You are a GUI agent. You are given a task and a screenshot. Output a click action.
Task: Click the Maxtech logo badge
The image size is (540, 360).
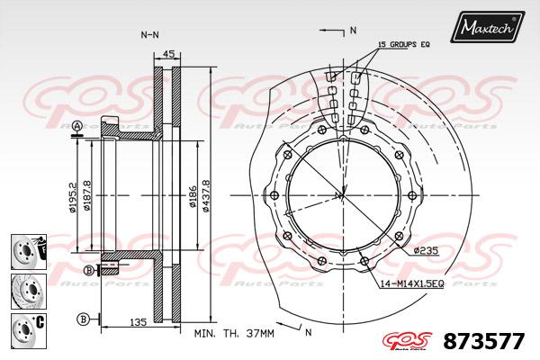487,27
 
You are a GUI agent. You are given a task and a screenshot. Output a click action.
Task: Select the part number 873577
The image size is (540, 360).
484,341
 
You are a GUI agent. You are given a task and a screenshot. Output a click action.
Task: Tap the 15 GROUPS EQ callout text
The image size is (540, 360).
403,44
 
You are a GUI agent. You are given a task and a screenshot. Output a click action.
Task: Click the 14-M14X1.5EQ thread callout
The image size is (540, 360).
412,283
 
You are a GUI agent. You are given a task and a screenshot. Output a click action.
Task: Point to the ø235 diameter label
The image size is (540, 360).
426,250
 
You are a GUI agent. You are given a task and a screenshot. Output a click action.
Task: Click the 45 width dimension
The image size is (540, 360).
167,54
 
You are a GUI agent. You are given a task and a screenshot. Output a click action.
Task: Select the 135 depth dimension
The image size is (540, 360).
138,322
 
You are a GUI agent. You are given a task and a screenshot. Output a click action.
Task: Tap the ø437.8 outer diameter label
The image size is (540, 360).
205,195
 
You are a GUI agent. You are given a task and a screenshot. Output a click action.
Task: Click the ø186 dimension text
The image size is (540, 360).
193,197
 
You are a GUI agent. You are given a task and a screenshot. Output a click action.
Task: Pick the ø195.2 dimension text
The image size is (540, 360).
72,197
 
